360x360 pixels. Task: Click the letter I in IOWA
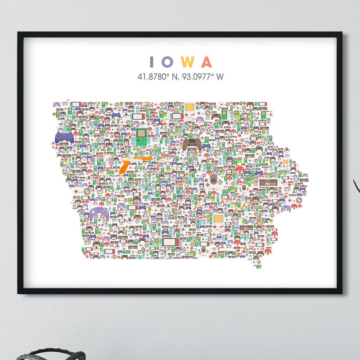coord(152,62)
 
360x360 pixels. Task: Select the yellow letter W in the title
coord(188,62)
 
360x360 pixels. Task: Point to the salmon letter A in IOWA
coord(207,62)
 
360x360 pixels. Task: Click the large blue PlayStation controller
coord(64,137)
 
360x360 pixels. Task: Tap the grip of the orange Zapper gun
coord(123,168)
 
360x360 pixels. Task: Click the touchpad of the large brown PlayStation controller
coord(192,141)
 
